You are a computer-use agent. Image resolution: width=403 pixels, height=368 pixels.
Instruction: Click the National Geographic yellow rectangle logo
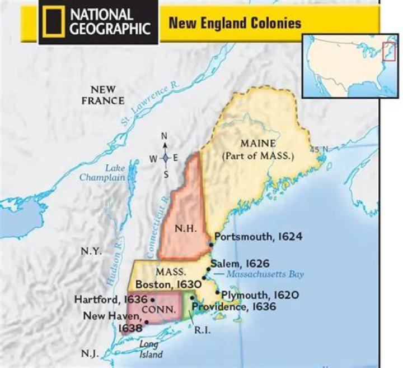(x=54, y=22)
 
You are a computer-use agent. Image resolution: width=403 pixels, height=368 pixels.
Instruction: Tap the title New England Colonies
(x=235, y=23)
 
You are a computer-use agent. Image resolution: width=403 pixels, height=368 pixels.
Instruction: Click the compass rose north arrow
(x=165, y=145)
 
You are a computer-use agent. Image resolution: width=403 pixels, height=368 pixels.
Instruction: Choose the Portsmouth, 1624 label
(x=257, y=237)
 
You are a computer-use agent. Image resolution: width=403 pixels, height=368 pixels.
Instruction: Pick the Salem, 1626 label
(x=240, y=263)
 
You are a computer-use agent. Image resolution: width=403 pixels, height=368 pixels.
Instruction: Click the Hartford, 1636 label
(x=110, y=300)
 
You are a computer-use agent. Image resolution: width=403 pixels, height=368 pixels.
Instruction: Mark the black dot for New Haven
(x=147, y=321)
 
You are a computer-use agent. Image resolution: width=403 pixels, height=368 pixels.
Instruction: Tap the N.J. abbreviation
(x=90, y=353)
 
